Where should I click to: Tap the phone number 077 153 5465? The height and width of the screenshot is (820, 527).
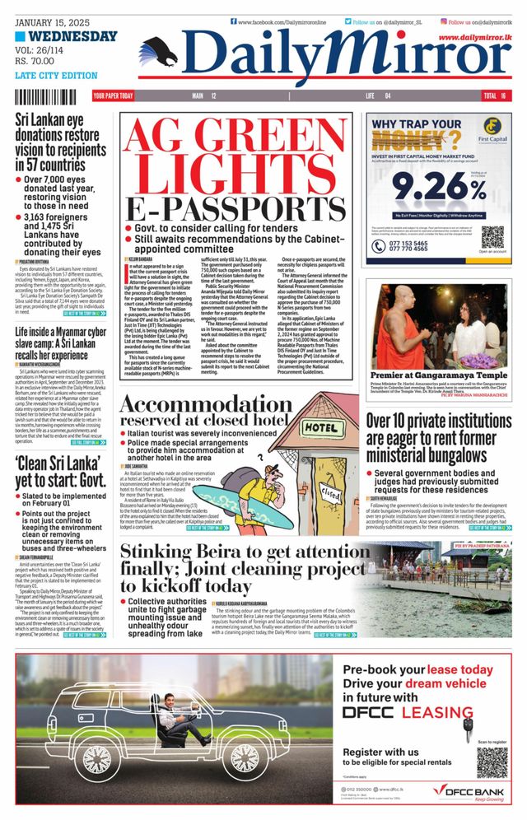click(409, 245)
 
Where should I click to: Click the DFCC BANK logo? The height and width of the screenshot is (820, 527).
click(469, 793)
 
